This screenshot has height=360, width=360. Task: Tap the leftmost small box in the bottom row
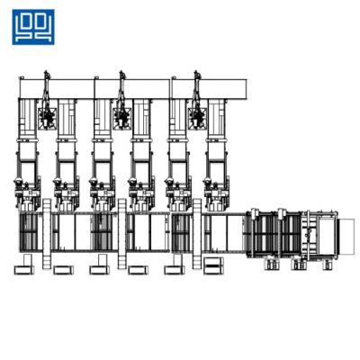click(22, 269)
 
